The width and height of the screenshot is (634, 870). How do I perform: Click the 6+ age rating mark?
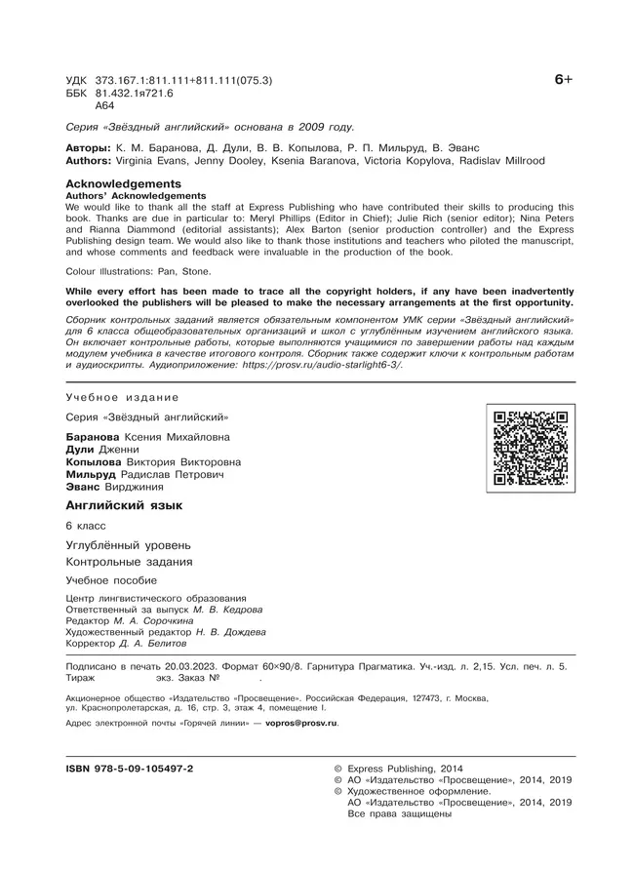tap(563, 82)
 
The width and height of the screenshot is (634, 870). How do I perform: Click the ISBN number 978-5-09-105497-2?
tap(130, 769)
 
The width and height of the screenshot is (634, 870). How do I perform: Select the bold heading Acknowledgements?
tap(123, 183)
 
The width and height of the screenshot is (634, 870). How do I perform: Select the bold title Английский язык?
tap(124, 505)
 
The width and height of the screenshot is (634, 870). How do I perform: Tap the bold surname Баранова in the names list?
tap(94, 436)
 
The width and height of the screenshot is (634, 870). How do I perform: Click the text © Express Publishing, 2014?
tap(412, 769)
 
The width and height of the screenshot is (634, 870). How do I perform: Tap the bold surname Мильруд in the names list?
tap(93, 473)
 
